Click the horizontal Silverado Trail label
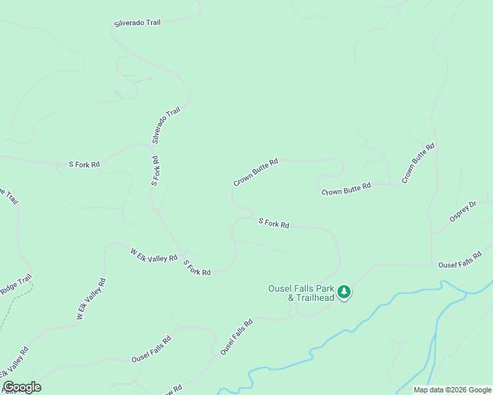(x=137, y=23)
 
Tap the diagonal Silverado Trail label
(x=165, y=126)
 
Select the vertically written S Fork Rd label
(x=155, y=170)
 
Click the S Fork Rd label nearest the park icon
(x=274, y=224)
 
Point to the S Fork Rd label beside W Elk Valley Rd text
(x=196, y=268)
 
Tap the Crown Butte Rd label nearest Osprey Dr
(x=419, y=163)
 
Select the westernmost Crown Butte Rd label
(x=256, y=172)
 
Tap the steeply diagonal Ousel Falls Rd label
(x=237, y=338)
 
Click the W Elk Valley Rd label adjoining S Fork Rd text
(x=154, y=255)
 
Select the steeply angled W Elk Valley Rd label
(x=90, y=300)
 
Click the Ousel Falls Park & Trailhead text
(x=301, y=293)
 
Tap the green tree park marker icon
(x=343, y=292)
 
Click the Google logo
(x=22, y=387)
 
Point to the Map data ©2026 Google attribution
(x=451, y=390)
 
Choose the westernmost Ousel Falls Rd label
(x=151, y=349)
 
